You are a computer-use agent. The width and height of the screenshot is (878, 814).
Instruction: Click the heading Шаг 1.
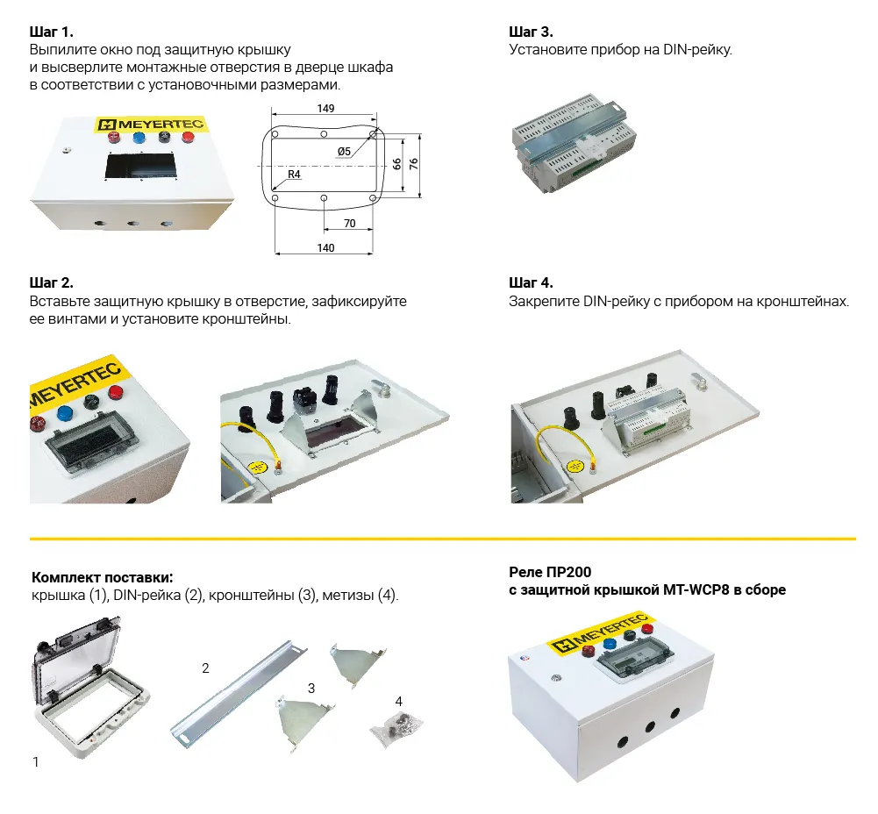click(x=52, y=32)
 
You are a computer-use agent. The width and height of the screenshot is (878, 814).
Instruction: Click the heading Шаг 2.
click(x=52, y=282)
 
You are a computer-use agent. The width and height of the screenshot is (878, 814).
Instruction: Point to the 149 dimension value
click(x=325, y=108)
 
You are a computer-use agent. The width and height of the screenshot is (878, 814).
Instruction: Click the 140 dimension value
click(x=325, y=248)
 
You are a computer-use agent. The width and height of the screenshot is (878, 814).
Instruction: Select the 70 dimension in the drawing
click(x=349, y=224)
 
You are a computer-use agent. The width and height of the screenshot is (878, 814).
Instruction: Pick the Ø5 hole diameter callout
click(x=344, y=152)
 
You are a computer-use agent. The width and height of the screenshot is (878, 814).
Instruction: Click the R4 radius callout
click(x=294, y=175)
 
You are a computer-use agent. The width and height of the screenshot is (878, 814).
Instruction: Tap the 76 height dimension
click(x=414, y=164)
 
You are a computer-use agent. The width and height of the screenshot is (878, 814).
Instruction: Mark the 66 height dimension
click(x=396, y=164)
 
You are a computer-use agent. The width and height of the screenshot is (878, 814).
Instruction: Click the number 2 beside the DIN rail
click(x=205, y=668)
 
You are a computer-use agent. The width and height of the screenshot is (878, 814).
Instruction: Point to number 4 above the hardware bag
click(x=399, y=701)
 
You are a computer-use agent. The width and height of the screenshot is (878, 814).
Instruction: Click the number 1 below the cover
click(x=36, y=762)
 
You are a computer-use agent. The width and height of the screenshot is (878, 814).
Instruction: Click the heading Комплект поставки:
click(x=102, y=577)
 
